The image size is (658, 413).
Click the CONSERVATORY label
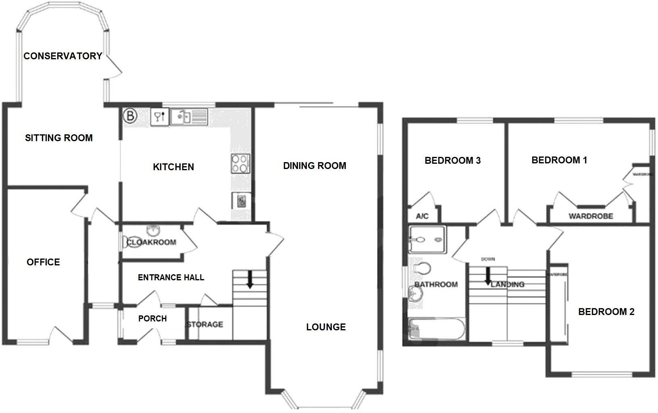tap(63, 56)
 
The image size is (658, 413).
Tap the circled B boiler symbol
tap(130, 116)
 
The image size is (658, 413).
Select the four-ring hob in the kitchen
tap(240, 164)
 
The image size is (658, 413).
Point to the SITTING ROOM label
tap(59, 138)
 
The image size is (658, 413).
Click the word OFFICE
tap(43, 262)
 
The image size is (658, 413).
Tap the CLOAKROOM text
tap(152, 242)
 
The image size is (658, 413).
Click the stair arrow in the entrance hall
tap(250, 279)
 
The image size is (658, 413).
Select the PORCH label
tap(152, 319)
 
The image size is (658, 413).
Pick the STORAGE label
tap(205, 324)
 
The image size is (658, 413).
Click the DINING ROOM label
tap(314, 166)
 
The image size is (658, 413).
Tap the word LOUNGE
tap(326, 327)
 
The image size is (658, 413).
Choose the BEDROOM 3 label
tap(453, 161)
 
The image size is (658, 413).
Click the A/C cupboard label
tap(422, 217)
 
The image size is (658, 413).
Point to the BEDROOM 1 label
tap(559, 160)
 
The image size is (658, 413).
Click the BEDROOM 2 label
tap(606, 312)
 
